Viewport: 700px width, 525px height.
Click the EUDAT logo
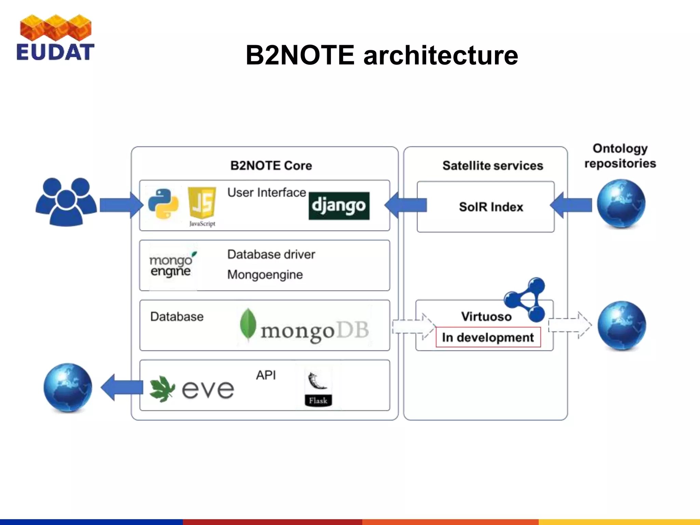pyautogui.click(x=55, y=38)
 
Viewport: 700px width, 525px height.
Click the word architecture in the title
pyautogui.click(x=441, y=55)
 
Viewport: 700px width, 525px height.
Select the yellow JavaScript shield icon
pyautogui.click(x=202, y=203)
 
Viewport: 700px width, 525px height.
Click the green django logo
pyautogui.click(x=339, y=206)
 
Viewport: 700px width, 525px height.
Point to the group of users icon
pyautogui.click(x=66, y=202)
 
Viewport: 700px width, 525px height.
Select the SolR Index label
pyautogui.click(x=491, y=207)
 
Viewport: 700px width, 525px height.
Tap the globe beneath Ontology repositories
pyautogui.click(x=621, y=204)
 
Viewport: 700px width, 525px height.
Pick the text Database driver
pyautogui.click(x=271, y=255)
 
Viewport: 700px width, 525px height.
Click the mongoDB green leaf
pyautogui.click(x=248, y=324)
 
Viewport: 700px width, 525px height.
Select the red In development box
pyautogui.click(x=488, y=337)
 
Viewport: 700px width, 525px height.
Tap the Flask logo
pyautogui.click(x=318, y=389)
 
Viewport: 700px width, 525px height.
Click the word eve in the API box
pyautogui.click(x=208, y=390)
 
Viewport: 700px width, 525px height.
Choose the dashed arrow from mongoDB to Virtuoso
pyautogui.click(x=413, y=326)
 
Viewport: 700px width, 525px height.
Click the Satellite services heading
pyautogui.click(x=493, y=166)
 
